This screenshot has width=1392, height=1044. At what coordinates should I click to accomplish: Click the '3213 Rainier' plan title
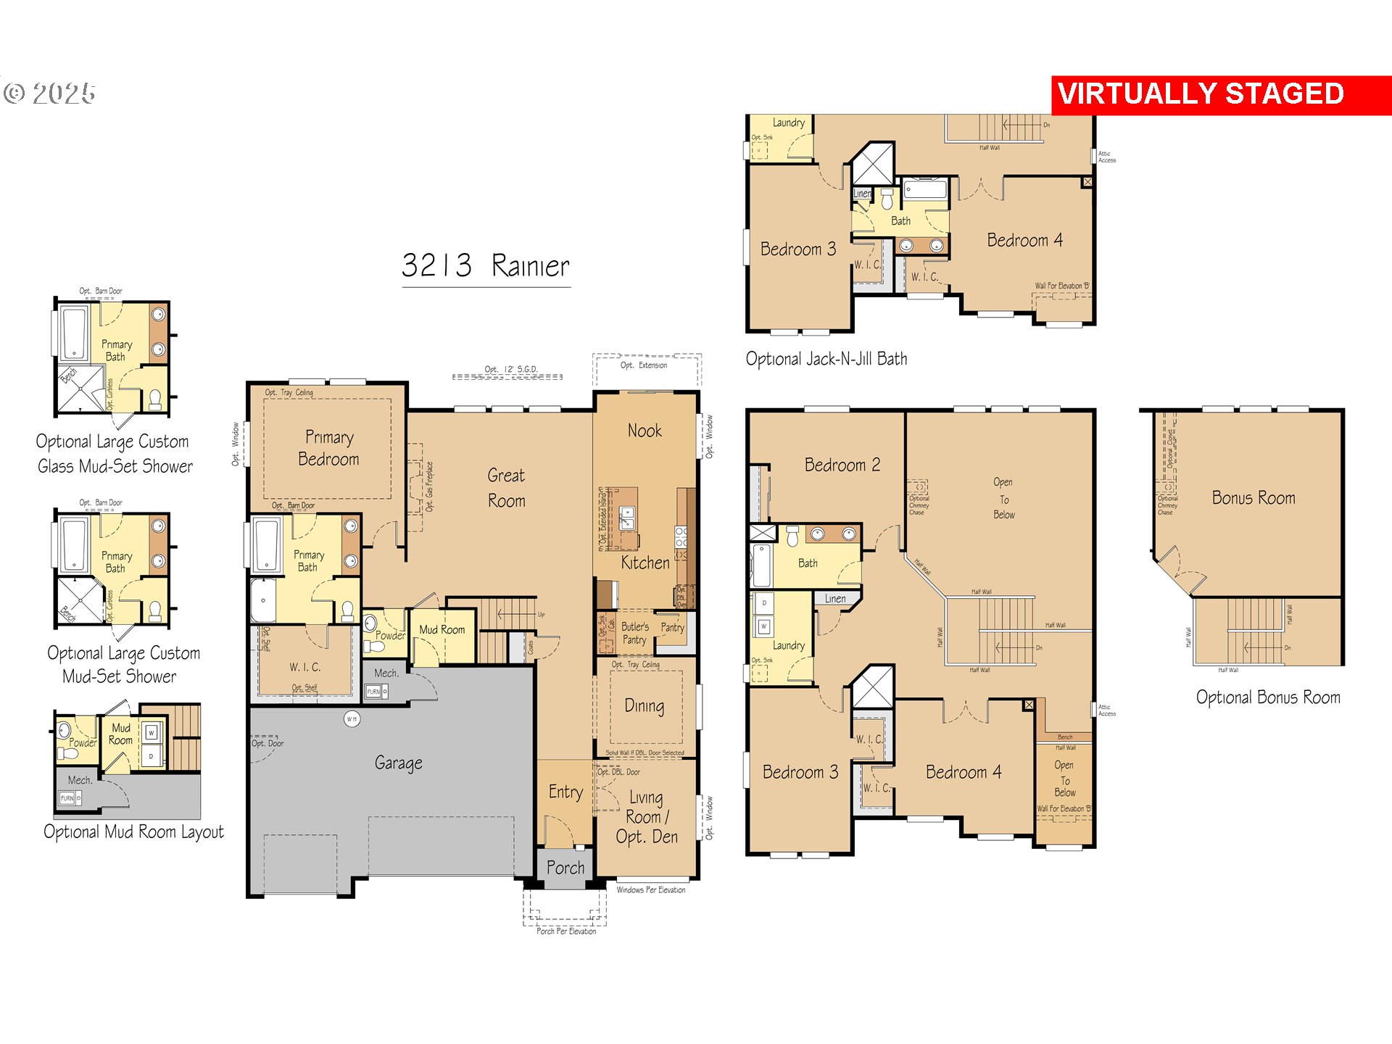(x=485, y=265)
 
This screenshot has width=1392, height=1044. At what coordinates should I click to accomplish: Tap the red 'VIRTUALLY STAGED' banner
(x=1201, y=94)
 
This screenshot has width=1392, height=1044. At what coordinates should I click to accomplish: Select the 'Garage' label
(x=398, y=763)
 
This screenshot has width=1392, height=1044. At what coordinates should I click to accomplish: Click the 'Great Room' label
(x=506, y=488)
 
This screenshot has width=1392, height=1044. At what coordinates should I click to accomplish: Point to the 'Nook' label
(x=644, y=431)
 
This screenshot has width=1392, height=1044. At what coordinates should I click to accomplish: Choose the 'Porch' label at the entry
(x=565, y=868)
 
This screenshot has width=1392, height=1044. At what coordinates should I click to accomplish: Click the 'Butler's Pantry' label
(x=634, y=633)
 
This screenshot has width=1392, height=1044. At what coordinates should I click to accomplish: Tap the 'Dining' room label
(x=644, y=705)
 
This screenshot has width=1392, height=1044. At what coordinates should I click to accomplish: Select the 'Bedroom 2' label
(x=842, y=465)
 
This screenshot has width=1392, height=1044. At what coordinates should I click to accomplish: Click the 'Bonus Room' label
(x=1253, y=498)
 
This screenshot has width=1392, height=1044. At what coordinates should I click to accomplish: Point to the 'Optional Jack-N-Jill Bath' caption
(x=826, y=359)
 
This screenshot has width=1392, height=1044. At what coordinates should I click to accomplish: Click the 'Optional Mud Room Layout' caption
(x=133, y=832)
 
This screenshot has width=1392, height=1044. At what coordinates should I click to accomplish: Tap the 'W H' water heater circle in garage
(x=352, y=719)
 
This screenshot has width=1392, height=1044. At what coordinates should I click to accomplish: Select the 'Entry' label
(x=565, y=792)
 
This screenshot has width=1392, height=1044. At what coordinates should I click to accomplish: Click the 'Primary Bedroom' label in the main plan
(x=328, y=448)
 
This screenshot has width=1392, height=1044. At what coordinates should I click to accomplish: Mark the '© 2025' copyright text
(x=49, y=94)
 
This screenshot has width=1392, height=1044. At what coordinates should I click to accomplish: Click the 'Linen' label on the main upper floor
(x=834, y=599)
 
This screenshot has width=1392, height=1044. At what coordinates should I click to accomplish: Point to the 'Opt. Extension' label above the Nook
(x=643, y=365)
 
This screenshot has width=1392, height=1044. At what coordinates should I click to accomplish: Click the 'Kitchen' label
(x=645, y=563)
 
